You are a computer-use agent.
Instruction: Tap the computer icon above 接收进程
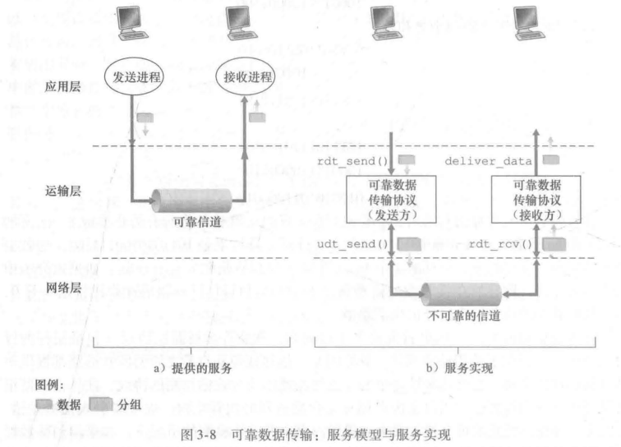pos(244,23)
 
